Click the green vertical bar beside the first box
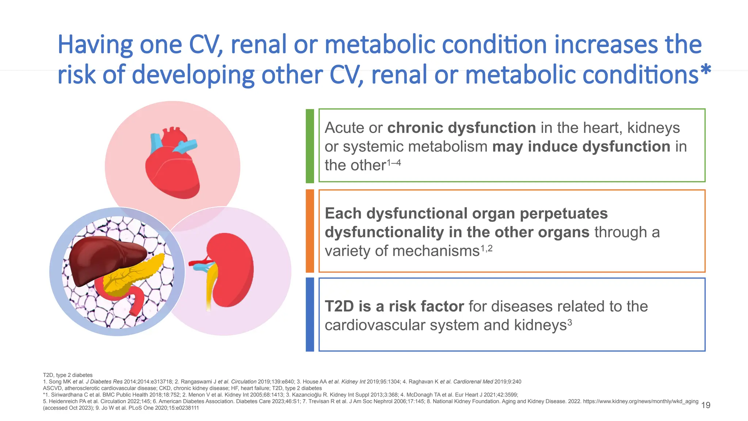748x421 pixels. pyautogui.click(x=310, y=146)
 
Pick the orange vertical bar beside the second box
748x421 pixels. pyautogui.click(x=310, y=231)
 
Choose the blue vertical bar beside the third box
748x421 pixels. pyautogui.click(x=310, y=314)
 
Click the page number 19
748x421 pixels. pyautogui.click(x=706, y=405)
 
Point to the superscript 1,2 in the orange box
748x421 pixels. pyautogui.click(x=486, y=249)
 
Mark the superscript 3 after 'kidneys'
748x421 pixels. pyautogui.click(x=569, y=323)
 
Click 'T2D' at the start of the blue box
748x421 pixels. pyautogui.click(x=339, y=306)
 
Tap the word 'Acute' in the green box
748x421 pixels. pyautogui.click(x=344, y=128)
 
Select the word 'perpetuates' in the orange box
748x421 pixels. pyautogui.click(x=564, y=213)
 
